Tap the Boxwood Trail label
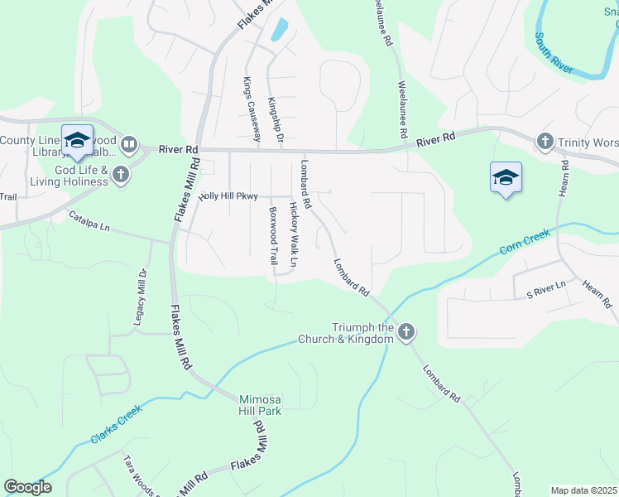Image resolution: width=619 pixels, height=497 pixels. [273, 236]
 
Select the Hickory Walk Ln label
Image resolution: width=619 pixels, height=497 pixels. [294, 234]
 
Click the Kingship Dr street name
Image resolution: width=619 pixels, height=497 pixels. [275, 122]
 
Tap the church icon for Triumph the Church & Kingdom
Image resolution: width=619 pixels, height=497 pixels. [405, 333]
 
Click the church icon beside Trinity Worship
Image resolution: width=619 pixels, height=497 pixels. [545, 142]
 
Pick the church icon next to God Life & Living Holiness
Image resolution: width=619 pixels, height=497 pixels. [121, 174]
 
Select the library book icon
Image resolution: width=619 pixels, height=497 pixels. [129, 146]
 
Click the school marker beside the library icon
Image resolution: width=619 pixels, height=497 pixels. [77, 140]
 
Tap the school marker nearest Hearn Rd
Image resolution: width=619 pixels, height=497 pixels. [506, 177]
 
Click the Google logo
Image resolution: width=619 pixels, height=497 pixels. [27, 487]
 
